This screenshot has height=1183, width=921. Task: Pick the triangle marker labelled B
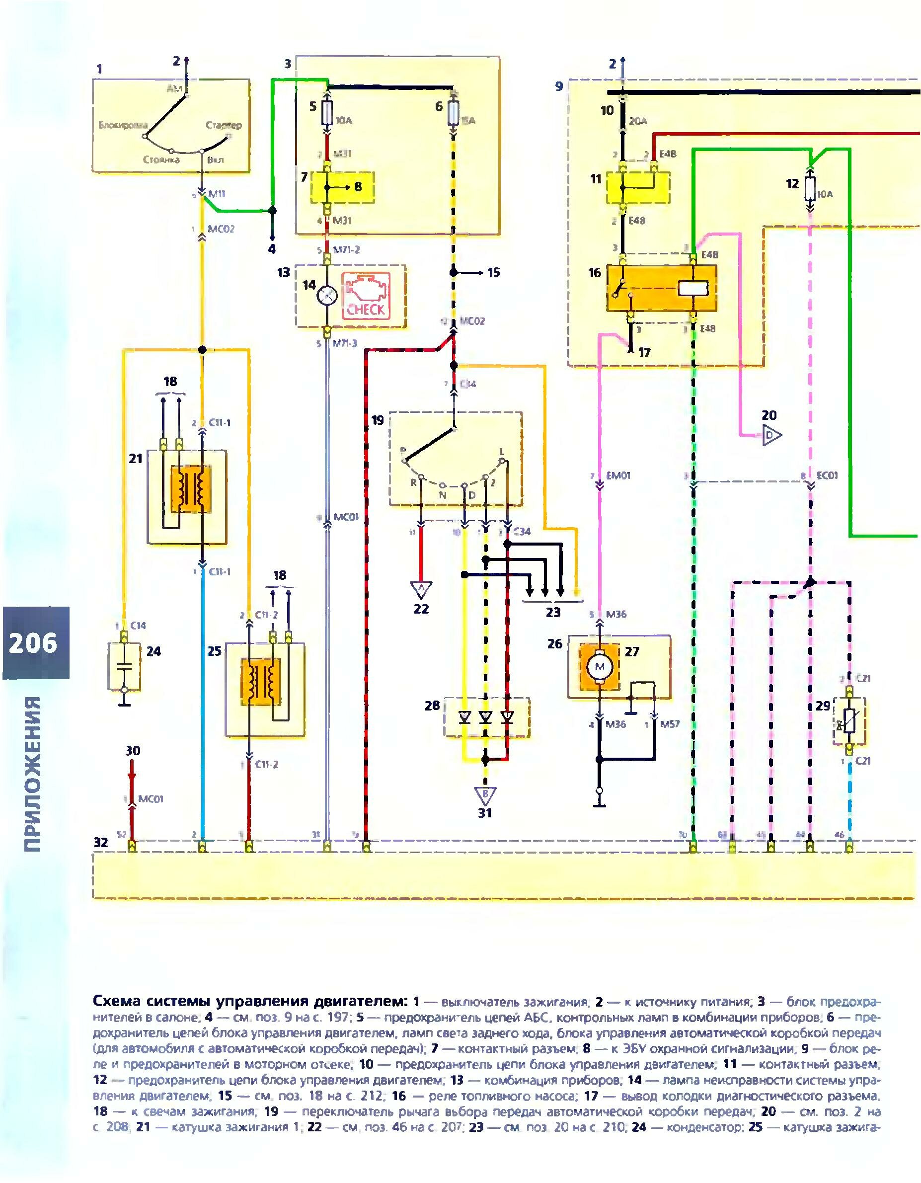(485, 795)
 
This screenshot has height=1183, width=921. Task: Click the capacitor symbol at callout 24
(125, 667)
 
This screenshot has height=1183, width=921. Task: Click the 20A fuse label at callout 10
(638, 122)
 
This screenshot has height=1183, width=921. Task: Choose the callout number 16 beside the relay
(595, 272)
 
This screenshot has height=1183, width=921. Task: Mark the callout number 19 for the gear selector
(378, 420)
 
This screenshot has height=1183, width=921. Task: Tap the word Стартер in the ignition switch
(223, 126)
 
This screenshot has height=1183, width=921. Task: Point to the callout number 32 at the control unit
(101, 842)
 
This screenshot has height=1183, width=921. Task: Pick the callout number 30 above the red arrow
(133, 751)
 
